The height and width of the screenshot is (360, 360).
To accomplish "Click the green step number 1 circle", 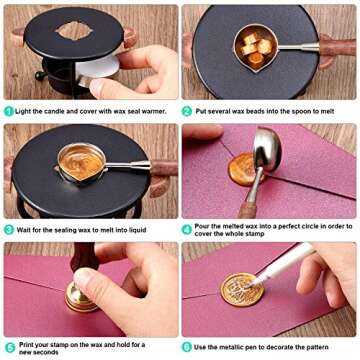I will tap(8, 112).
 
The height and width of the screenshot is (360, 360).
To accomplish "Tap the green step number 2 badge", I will tap(187, 112).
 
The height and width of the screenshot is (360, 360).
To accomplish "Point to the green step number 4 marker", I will tap(187, 229).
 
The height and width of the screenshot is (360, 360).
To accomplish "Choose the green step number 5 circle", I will tap(8, 347).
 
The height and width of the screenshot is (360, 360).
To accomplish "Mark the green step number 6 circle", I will tap(187, 347).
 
